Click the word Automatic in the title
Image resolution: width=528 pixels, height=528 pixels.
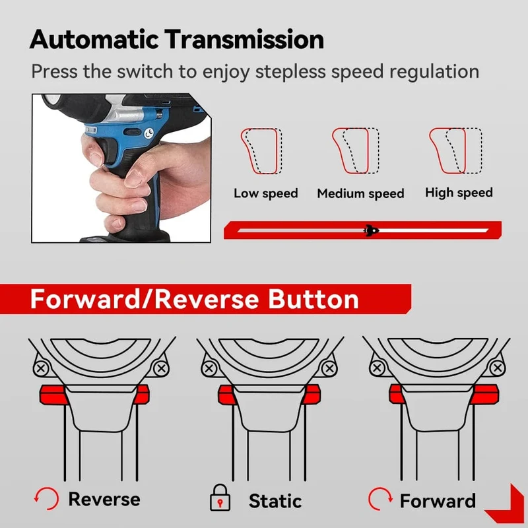(94, 40)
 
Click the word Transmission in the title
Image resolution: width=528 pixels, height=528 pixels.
(244, 40)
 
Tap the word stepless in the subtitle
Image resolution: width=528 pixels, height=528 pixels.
(291, 72)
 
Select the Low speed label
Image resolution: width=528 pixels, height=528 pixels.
(266, 193)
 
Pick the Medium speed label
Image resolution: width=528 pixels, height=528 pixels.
(360, 193)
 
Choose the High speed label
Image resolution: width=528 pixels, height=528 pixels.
(459, 193)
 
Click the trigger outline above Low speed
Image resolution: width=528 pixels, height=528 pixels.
(261, 151)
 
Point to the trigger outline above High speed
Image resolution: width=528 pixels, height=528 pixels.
(455, 150)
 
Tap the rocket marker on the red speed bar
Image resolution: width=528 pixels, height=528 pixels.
(371, 230)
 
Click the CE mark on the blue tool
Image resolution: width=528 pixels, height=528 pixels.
(149, 133)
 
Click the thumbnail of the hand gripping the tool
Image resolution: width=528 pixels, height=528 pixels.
(121, 168)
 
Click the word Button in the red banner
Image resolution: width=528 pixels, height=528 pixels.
(313, 299)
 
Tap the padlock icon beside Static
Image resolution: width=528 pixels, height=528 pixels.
(220, 498)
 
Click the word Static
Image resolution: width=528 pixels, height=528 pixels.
(275, 501)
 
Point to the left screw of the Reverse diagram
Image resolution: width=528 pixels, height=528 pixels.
(41, 368)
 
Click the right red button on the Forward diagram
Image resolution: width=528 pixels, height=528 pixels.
(485, 394)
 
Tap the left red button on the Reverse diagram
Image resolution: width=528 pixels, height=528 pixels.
(53, 395)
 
